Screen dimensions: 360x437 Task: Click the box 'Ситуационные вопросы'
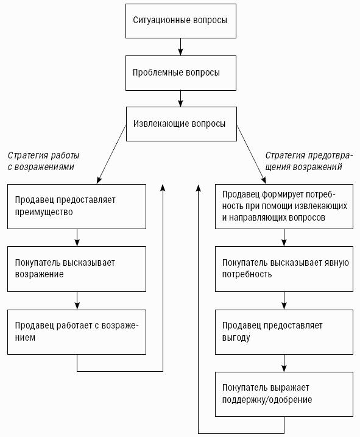pos(181,21)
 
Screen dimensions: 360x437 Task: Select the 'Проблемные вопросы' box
pos(181,73)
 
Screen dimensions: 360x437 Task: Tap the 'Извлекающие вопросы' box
pos(182,124)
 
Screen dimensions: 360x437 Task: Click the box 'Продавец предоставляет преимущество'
pos(77,207)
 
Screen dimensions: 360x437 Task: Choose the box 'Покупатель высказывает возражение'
pos(77,269)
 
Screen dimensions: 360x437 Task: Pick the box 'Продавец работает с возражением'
pos(77,332)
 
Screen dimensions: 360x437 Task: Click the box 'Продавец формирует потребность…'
pos(284,207)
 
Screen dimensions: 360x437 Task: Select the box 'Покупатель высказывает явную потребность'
pos(284,269)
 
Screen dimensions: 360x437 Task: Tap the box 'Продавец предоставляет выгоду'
pos(284,332)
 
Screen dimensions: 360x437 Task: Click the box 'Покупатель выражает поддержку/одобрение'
pos(284,394)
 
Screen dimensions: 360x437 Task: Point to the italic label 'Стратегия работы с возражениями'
pos(43,161)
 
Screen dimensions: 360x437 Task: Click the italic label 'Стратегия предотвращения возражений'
pos(309,161)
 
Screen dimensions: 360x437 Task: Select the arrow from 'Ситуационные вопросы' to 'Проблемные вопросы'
pos(180,47)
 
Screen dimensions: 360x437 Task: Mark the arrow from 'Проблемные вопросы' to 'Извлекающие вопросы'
pos(180,99)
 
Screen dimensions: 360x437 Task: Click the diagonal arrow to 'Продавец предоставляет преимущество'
pos(111,154)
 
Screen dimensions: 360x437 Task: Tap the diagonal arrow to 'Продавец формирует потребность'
pos(252,154)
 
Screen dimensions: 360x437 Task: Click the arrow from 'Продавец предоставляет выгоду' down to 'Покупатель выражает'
pos(284,363)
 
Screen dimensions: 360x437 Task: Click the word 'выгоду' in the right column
pos(236,338)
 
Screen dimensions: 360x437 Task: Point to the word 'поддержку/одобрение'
pos(267,400)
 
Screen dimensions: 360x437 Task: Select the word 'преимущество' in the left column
pos(44,212)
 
